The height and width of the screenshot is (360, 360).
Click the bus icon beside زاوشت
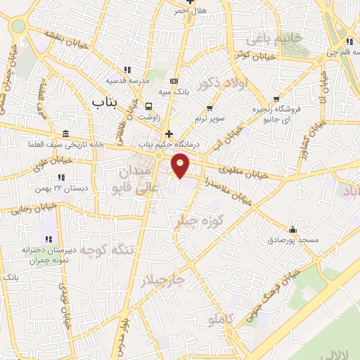pos(148,105)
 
